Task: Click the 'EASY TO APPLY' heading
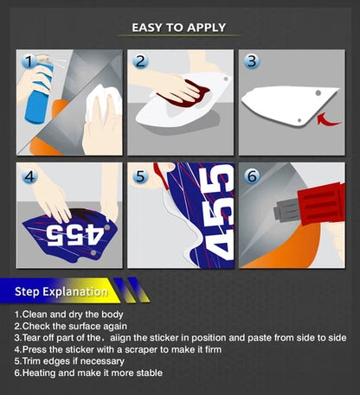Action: pyautogui.click(x=178, y=28)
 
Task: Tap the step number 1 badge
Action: pyautogui.click(x=29, y=61)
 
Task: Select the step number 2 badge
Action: pyautogui.click(x=140, y=61)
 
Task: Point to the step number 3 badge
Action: pyautogui.click(x=252, y=61)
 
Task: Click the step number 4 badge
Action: pyautogui.click(x=29, y=176)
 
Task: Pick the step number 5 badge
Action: pyautogui.click(x=140, y=176)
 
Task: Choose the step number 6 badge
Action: pyautogui.click(x=252, y=176)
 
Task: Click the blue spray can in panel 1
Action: pyautogui.click(x=38, y=92)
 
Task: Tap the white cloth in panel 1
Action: pyautogui.click(x=103, y=101)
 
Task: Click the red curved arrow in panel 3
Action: pyautogui.click(x=328, y=119)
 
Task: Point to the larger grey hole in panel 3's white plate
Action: pyautogui.click(x=318, y=93)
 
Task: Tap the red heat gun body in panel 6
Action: pyautogui.click(x=322, y=204)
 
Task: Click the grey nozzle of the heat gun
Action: pyautogui.click(x=286, y=210)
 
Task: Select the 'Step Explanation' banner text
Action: pyautogui.click(x=61, y=291)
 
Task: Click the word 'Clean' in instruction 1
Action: pyautogui.click(x=35, y=314)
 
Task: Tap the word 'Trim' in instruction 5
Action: pyautogui.click(x=31, y=361)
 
